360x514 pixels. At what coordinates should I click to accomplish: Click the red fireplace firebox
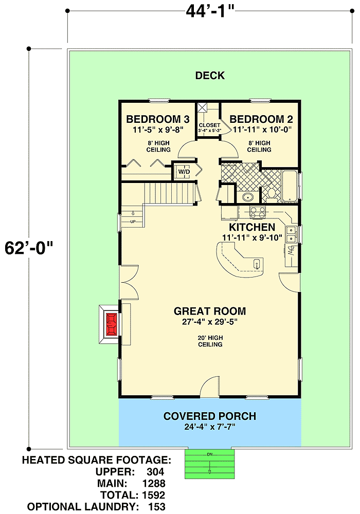pos(112,324)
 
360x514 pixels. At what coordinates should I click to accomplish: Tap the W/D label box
pos(184,172)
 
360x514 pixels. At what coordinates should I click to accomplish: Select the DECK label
pos(210,76)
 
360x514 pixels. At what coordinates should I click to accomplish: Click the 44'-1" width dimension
pos(210,12)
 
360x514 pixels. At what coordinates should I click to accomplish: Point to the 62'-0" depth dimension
pos(29,248)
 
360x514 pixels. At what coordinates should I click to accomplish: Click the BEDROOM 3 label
pos(158,119)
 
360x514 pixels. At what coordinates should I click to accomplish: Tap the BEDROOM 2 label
pos(261,119)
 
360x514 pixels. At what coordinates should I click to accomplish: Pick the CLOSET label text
pos(209,125)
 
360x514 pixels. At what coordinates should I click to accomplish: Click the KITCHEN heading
pos(252,227)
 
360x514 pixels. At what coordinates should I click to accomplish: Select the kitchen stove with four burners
pos(258,212)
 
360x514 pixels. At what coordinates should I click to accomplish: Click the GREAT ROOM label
pos(210,311)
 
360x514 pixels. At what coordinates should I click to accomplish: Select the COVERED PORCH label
pos(210,416)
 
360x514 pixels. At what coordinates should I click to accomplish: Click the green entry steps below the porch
pos(210,464)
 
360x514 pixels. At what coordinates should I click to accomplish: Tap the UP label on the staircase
pos(133,222)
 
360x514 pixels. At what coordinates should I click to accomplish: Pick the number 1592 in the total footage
pos(154,495)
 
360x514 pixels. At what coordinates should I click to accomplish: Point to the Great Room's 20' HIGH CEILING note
pos(210,341)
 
